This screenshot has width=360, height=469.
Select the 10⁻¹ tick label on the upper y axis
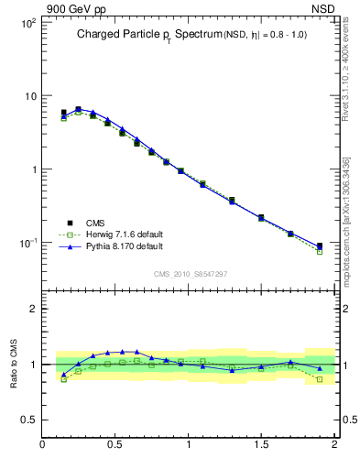point(26,243)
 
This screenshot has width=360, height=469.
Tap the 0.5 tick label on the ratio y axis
point(28,420)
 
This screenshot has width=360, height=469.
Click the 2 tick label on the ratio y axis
point(33,309)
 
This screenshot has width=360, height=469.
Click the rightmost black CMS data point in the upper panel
point(320,245)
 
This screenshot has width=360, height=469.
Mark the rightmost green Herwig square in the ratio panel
point(320,378)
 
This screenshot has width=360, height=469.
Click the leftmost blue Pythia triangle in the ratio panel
point(63,374)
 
